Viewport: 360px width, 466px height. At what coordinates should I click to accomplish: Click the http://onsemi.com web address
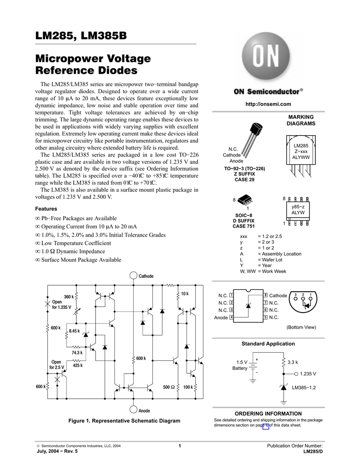click(x=268, y=104)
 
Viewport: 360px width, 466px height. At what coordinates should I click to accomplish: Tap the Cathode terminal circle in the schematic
click(x=133, y=276)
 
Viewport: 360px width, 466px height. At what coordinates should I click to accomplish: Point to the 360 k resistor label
click(x=69, y=297)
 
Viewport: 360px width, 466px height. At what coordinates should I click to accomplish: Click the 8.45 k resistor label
click(x=74, y=331)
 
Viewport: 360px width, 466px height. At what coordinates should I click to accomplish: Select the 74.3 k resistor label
click(x=76, y=353)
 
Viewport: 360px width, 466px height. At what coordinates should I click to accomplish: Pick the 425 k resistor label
click(x=77, y=365)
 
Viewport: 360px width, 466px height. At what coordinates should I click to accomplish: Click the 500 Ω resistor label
click(x=169, y=387)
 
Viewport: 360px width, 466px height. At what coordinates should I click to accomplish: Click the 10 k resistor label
click(x=184, y=294)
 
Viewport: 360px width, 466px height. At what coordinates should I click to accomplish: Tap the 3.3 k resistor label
click(x=293, y=362)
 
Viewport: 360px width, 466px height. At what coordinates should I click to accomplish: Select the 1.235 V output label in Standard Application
click(x=308, y=374)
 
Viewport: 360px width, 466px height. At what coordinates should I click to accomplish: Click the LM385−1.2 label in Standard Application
click(x=304, y=388)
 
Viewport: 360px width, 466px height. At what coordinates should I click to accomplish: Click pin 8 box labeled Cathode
click(x=265, y=296)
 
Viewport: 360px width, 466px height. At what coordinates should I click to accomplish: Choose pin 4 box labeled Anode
click(x=232, y=317)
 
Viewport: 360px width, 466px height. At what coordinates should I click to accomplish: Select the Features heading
click(x=46, y=209)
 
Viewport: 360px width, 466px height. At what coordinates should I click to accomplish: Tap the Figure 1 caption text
click(x=124, y=421)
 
